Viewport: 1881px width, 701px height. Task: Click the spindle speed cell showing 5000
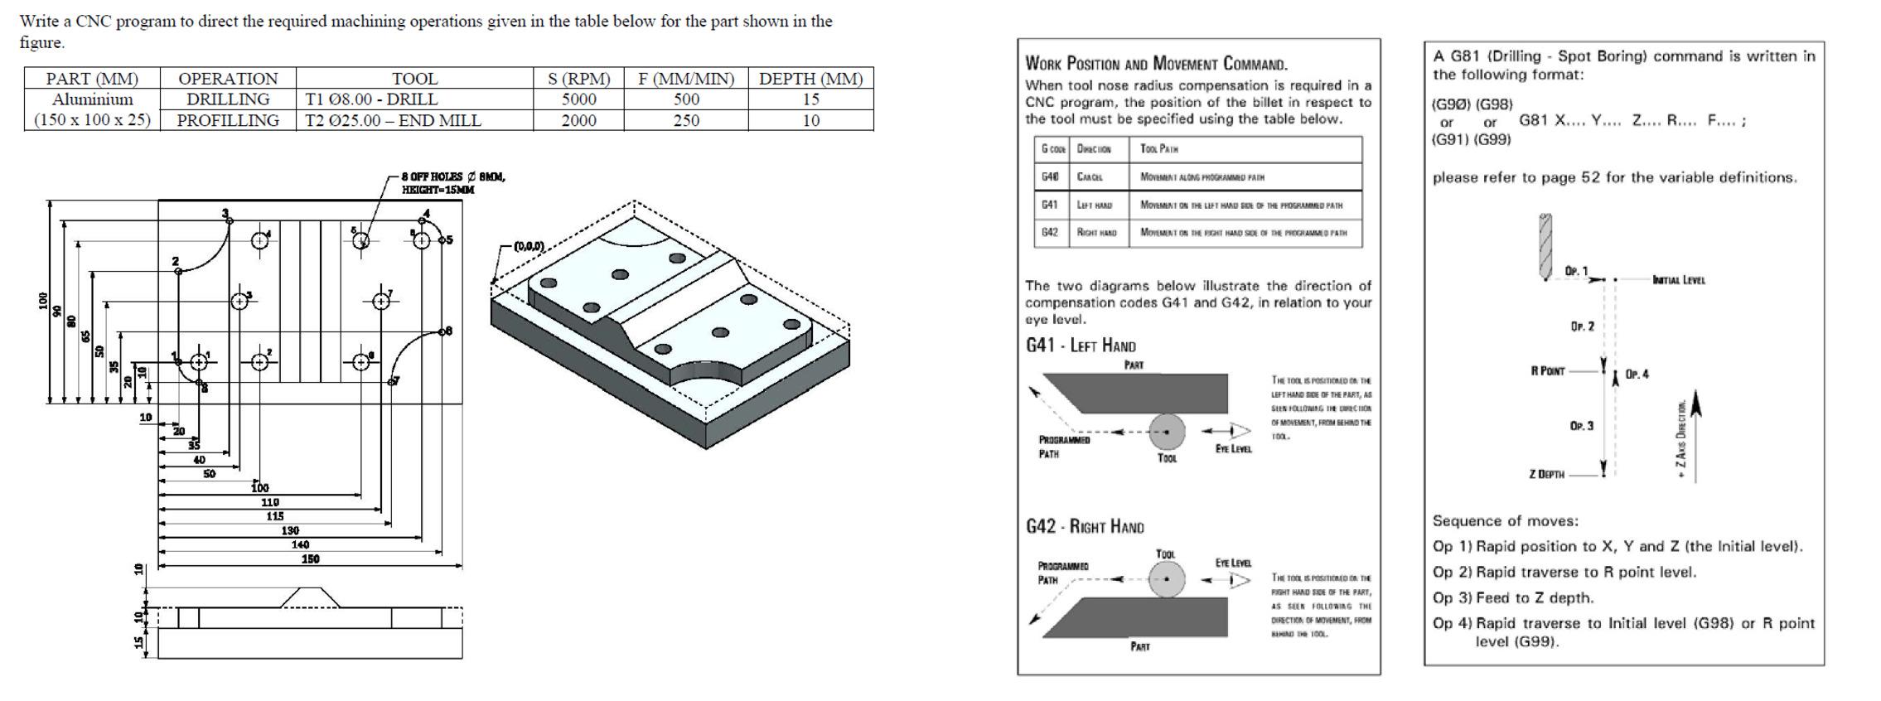[578, 99]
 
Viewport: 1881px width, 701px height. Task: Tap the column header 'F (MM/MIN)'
[685, 79]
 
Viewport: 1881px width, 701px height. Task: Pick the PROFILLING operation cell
[227, 121]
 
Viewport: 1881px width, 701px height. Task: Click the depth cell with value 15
[810, 99]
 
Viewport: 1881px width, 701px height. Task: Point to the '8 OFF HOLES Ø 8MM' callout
[452, 177]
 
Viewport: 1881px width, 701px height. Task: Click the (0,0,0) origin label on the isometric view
[529, 246]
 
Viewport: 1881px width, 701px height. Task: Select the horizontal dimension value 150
[310, 559]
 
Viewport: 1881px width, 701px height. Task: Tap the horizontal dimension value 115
[274, 516]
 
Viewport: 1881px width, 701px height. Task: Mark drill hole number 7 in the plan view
[380, 302]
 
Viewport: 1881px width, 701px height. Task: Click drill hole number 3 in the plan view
[239, 302]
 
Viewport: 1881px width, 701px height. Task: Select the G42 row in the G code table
[1200, 233]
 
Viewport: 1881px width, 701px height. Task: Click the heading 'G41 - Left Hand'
[1080, 346]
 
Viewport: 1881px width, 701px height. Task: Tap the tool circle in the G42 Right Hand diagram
[1166, 579]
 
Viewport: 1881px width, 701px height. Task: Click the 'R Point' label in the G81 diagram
[1547, 371]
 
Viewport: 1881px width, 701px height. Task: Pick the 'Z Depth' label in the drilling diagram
[1546, 475]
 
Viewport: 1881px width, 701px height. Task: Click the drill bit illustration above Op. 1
[1545, 247]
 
